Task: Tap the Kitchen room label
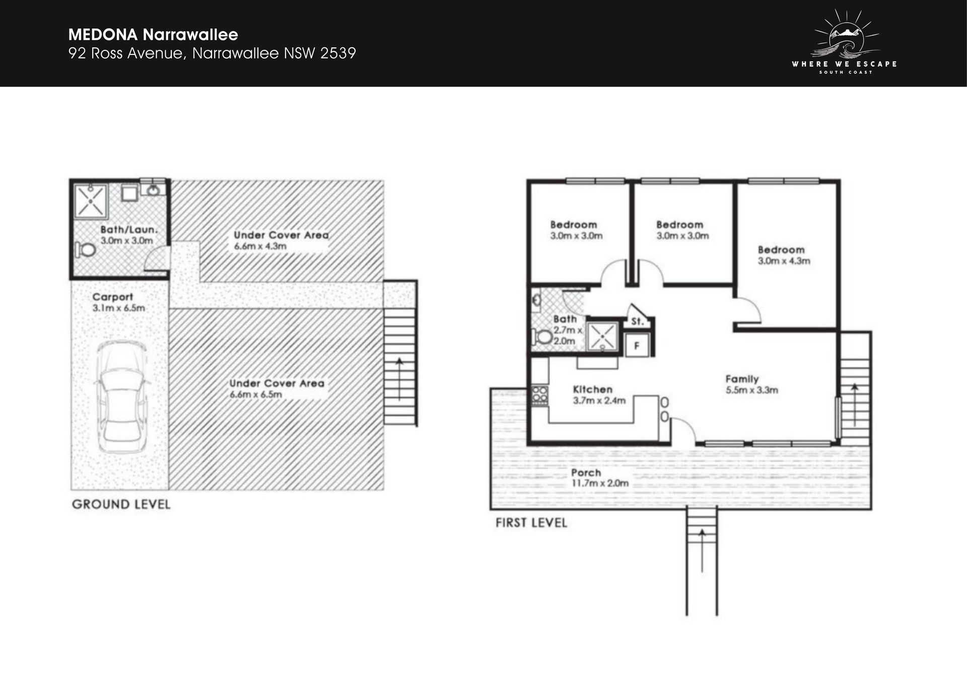[x=593, y=389]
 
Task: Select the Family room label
[x=742, y=379]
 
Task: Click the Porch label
[x=586, y=472]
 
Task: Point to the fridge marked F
[x=637, y=346]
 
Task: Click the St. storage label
[x=637, y=321]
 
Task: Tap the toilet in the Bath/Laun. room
[x=86, y=249]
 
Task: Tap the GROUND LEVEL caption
[x=121, y=504]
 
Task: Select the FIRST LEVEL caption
[x=531, y=522]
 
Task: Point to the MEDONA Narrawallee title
[x=153, y=34]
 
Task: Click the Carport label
[x=112, y=297]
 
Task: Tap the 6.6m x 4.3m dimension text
[x=260, y=246]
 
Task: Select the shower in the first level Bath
[x=603, y=336]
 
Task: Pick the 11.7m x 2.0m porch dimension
[x=600, y=484]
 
